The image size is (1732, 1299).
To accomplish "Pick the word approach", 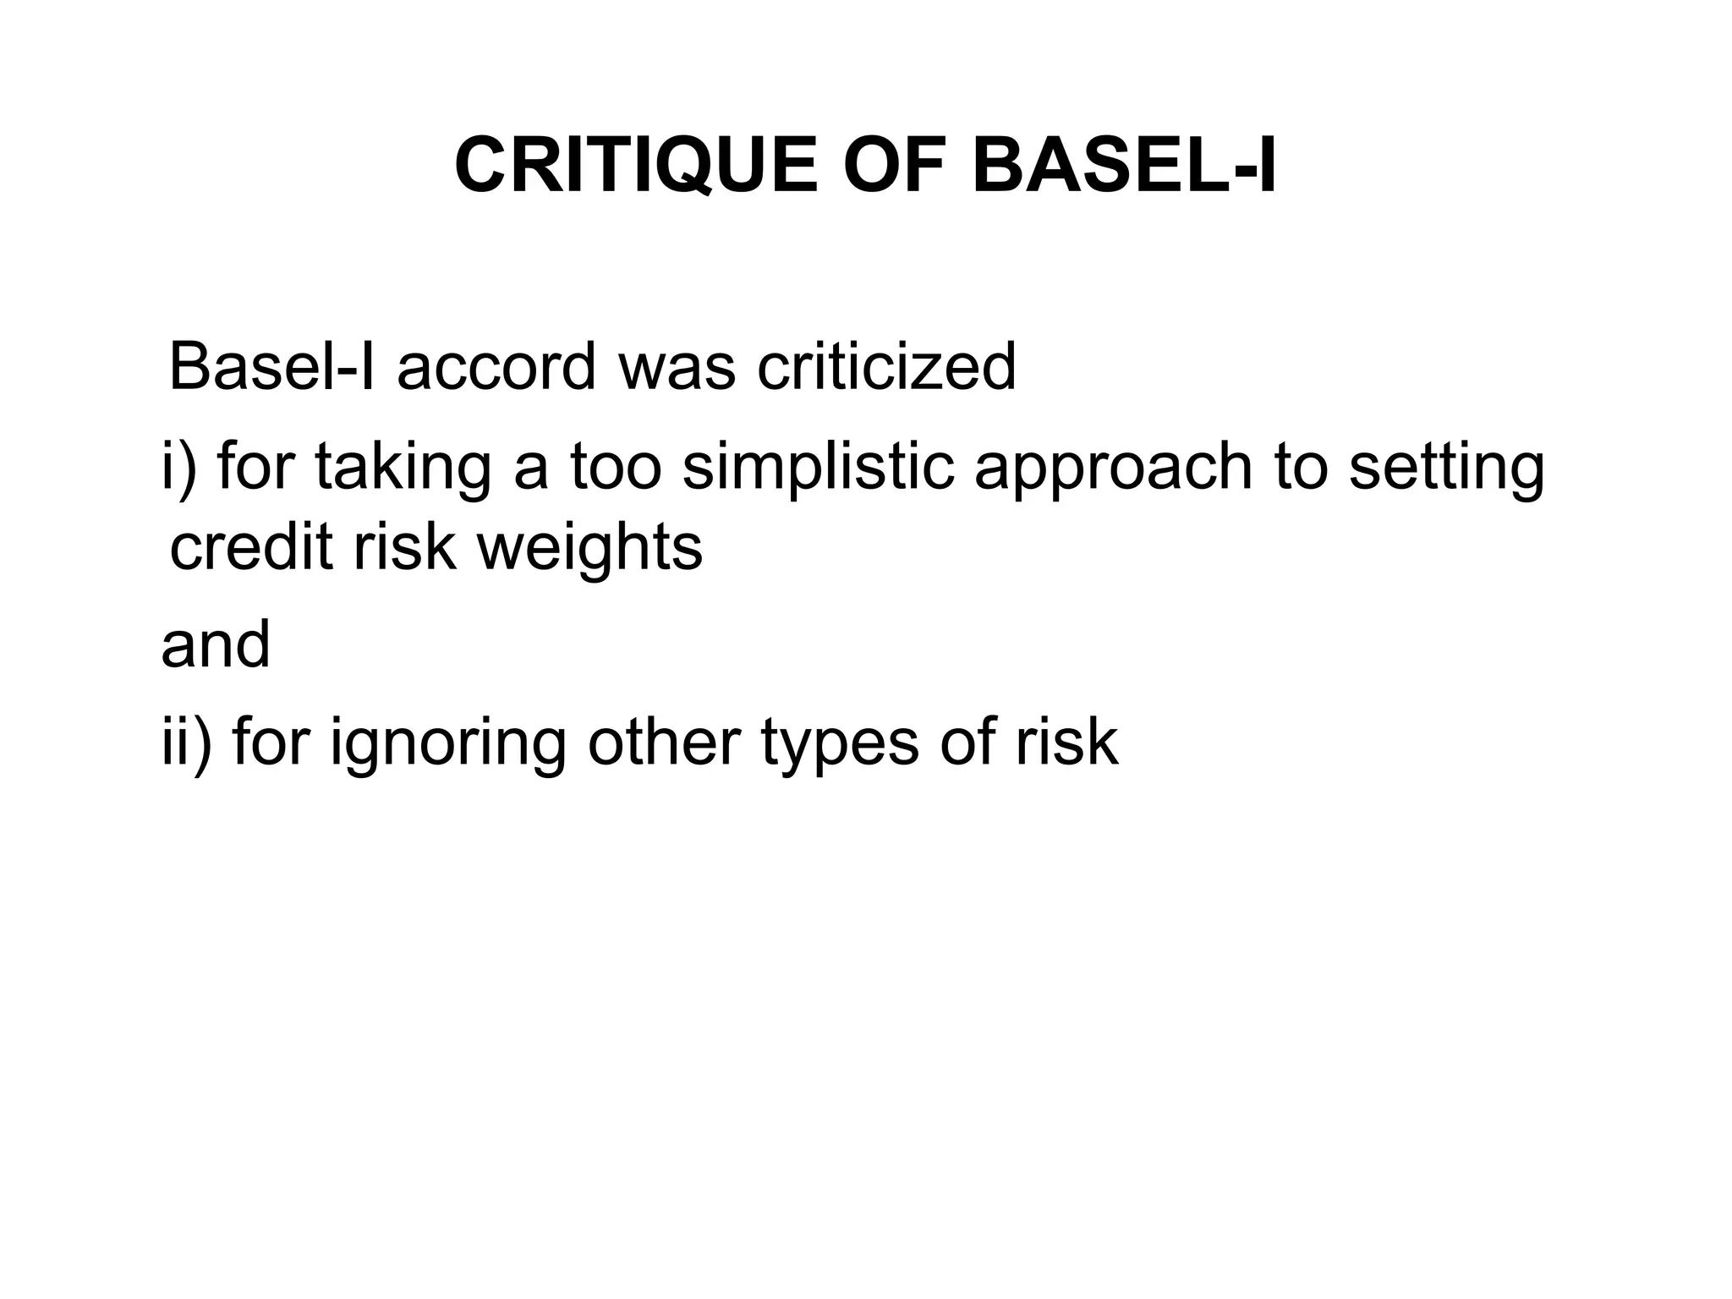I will [1113, 470].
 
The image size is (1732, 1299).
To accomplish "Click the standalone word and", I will [216, 644].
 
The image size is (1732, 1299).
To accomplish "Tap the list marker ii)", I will [186, 743].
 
